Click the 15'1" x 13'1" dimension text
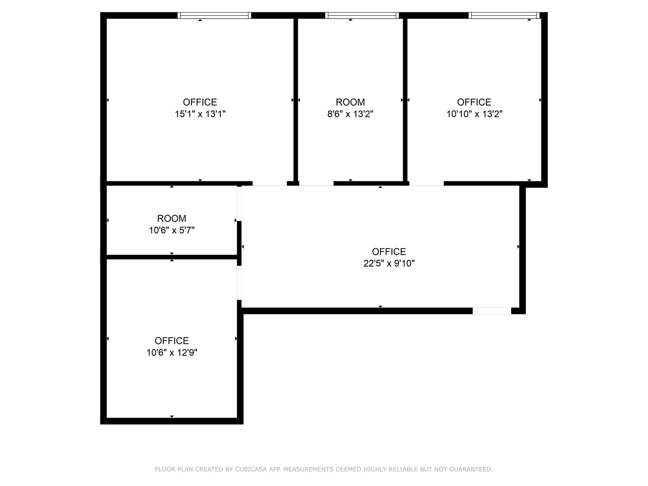[200, 114]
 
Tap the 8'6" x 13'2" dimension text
[350, 114]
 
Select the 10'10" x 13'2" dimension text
[474, 114]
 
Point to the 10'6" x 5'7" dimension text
[171, 230]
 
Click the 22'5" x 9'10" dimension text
[389, 263]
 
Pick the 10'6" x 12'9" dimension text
[171, 352]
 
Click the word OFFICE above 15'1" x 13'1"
[200, 102]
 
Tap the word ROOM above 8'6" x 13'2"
[350, 102]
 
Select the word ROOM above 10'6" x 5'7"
[171, 219]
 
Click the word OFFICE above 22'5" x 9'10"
[389, 252]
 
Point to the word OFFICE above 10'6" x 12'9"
[171, 341]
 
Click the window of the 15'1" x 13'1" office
[214, 16]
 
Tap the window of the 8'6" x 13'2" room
[362, 16]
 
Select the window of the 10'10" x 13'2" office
[504, 16]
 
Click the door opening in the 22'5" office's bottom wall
[492, 311]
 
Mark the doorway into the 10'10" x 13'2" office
[427, 184]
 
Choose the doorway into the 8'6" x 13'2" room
[316, 184]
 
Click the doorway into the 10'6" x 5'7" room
[239, 203]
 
